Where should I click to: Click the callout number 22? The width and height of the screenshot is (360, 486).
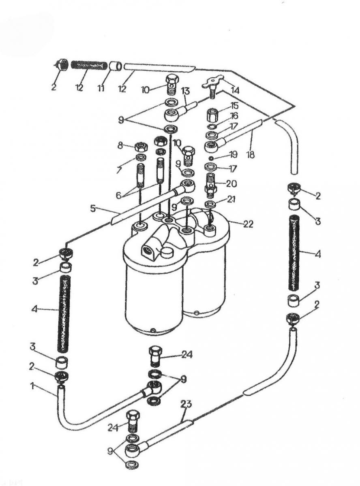pos(248,224)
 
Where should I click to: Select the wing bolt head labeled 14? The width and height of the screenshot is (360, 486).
pos(212,82)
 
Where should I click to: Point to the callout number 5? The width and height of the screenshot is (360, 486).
pos(93,209)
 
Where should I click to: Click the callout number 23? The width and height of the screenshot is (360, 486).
pos(186,404)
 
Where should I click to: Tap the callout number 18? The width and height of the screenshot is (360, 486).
pos(251,154)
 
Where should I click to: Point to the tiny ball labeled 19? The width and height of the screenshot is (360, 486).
pos(210,158)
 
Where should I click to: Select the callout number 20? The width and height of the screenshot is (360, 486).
pos(231,183)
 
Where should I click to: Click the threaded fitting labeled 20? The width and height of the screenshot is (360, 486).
pos(210,184)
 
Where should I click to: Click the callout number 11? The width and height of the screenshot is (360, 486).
pos(101,88)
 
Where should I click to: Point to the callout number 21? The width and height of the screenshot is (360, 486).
pos(231,199)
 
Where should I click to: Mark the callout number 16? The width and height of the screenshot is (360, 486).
pos(234,115)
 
